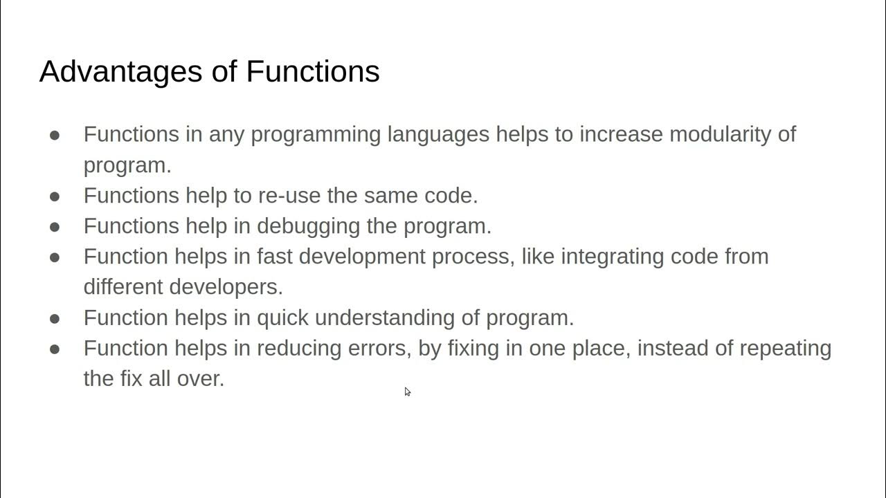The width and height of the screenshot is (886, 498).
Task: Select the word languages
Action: (438, 134)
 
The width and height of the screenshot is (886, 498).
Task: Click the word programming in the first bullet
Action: (316, 134)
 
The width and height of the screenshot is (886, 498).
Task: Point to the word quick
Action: (282, 317)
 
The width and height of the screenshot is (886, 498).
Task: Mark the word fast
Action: (275, 257)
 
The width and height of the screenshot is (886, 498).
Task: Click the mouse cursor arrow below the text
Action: (407, 391)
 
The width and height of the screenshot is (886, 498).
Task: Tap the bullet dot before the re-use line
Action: (55, 196)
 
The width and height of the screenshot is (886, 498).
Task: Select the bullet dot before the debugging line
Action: (55, 227)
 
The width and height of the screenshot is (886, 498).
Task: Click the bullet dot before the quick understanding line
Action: (55, 318)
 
